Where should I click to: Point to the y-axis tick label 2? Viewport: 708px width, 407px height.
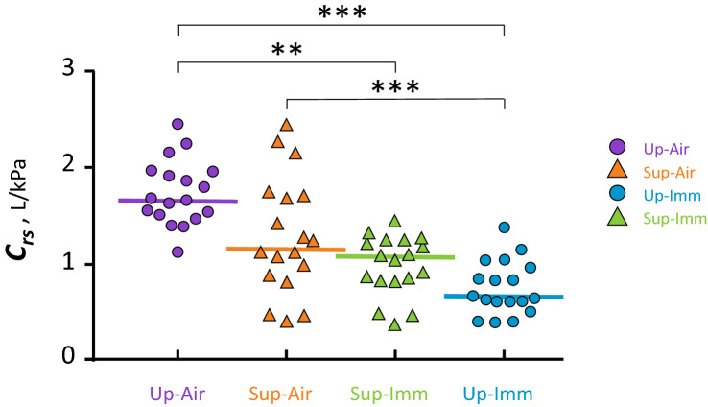tap(67, 167)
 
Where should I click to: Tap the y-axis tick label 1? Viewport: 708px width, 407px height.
tap(67, 264)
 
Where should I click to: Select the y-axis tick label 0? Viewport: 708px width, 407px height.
tap(67, 358)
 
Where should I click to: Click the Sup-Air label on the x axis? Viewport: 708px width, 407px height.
tap(286, 393)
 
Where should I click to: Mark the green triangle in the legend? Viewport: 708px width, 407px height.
tap(619, 219)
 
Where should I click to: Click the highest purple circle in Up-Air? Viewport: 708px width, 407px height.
tap(177, 124)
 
